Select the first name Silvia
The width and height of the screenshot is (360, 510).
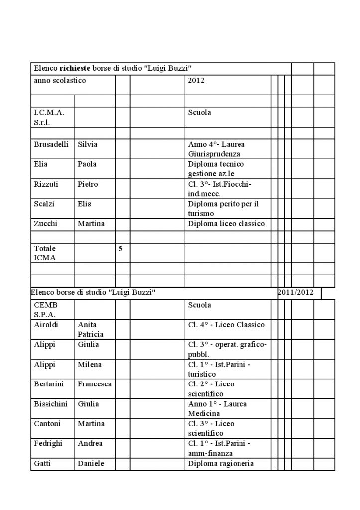click(87, 144)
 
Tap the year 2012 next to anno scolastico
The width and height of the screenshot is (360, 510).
click(196, 80)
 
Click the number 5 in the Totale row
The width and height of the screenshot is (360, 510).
click(120, 248)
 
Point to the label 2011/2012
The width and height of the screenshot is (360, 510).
click(296, 292)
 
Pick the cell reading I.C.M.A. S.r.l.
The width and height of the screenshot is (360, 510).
click(46, 117)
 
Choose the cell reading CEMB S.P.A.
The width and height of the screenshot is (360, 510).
click(45, 310)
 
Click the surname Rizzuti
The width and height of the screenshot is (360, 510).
click(46, 184)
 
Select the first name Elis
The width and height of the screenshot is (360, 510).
click(84, 204)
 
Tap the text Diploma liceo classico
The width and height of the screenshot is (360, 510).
click(226, 224)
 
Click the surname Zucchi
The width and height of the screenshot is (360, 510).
click(45, 224)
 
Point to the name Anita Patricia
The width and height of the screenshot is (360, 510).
click(90, 330)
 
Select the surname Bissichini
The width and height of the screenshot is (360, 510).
click(50, 404)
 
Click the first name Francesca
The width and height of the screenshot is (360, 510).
click(94, 384)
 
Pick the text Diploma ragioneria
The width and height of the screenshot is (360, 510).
click(221, 464)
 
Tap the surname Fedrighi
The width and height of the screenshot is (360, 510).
click(48, 443)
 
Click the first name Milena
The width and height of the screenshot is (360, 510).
click(89, 364)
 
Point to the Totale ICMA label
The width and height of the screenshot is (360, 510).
click(45, 253)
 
